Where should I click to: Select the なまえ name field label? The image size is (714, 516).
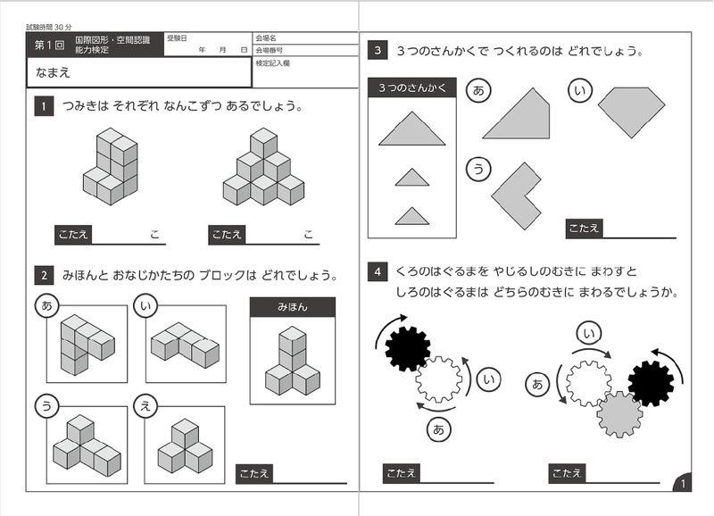pyautogui.click(x=54, y=72)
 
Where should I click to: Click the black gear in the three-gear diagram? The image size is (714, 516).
pyautogui.click(x=651, y=383)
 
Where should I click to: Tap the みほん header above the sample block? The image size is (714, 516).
pyautogui.click(x=293, y=307)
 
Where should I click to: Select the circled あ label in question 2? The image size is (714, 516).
pyautogui.click(x=46, y=305)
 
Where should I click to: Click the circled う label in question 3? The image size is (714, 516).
pyautogui.click(x=478, y=168)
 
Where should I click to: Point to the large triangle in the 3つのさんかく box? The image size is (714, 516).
pyautogui.click(x=411, y=129)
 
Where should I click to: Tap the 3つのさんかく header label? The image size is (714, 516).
pyautogui.click(x=411, y=87)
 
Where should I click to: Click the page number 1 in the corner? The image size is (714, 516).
pyautogui.click(x=683, y=483)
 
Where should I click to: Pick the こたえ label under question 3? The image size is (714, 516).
pyautogui.click(x=584, y=229)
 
